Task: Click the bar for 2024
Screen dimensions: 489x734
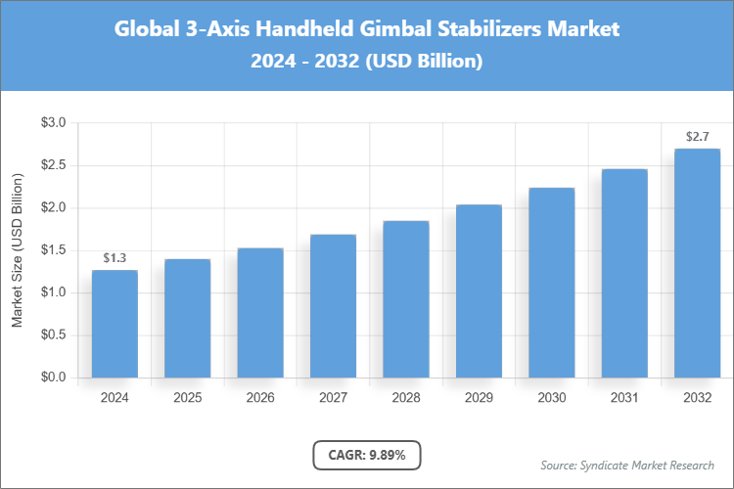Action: click(x=115, y=324)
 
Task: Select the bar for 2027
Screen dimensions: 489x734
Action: click(x=333, y=306)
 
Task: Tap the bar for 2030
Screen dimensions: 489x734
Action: click(x=551, y=283)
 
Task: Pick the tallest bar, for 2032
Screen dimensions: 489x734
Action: click(x=697, y=263)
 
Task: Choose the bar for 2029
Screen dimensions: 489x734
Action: click(x=479, y=291)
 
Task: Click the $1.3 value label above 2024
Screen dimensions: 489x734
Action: click(x=115, y=258)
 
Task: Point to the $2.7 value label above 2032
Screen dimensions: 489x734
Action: click(x=697, y=137)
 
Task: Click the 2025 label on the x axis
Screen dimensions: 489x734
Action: click(x=187, y=398)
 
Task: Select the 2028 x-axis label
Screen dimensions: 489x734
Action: click(x=405, y=398)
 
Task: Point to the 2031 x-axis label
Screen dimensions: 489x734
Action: click(x=624, y=398)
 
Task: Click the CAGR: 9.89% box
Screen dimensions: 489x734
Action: click(x=367, y=455)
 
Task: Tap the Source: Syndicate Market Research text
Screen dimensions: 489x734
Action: click(x=627, y=465)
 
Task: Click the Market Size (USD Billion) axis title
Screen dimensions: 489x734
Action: click(x=17, y=250)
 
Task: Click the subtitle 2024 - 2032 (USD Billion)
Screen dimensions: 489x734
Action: click(x=367, y=61)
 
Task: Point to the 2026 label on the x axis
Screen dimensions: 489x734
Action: click(x=260, y=398)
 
